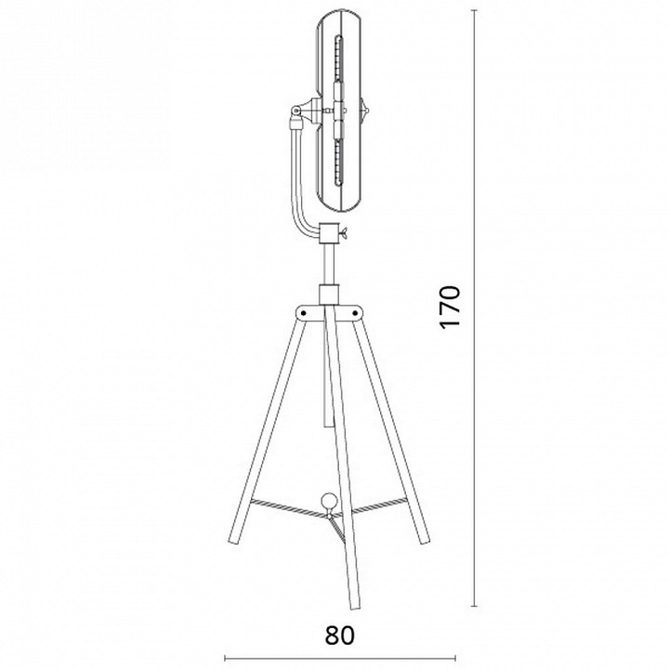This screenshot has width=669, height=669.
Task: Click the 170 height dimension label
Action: (x=450, y=307)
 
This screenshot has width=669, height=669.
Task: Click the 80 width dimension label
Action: (x=340, y=636)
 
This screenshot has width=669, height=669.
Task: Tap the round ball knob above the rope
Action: (x=329, y=501)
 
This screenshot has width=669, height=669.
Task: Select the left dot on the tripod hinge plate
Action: (x=303, y=313)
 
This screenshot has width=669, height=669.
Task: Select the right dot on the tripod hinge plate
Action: (x=355, y=313)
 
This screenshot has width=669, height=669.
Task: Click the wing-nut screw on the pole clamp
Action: (x=344, y=232)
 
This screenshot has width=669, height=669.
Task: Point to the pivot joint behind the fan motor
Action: (x=295, y=111)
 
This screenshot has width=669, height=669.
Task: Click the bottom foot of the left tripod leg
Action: (x=235, y=541)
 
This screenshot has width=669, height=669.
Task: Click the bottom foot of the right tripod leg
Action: (x=424, y=540)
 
